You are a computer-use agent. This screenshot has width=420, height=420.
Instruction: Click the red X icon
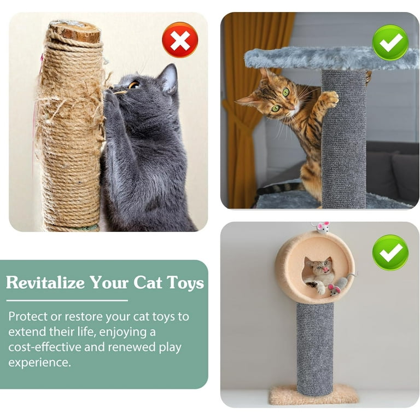pos(180,40)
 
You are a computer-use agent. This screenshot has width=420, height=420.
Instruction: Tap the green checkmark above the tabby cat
pos(390,43)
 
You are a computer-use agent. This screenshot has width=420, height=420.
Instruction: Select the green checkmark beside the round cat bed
pos(390,252)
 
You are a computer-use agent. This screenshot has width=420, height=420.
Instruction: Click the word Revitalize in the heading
pos(45,283)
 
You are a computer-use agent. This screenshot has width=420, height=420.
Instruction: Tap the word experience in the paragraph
pos(39,362)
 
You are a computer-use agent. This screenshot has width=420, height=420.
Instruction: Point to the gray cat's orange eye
pos(134,85)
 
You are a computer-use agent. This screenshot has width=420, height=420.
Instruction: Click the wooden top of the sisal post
pos(74,31)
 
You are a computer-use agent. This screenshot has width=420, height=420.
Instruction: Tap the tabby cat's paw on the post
pos(330,99)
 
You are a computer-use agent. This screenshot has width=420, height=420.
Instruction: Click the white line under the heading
pos(67,300)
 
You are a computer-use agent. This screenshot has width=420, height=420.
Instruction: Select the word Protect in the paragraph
pos(28,316)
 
